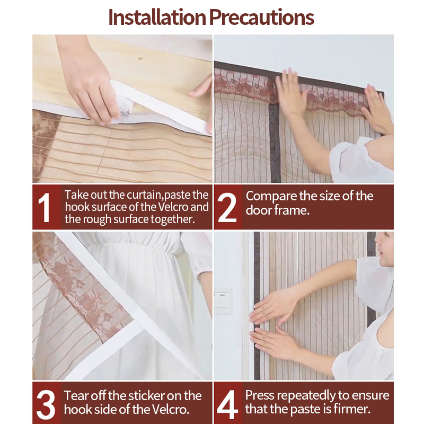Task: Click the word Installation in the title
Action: coord(157,17)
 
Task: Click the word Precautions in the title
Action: coord(261,17)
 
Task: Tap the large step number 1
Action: coord(44,207)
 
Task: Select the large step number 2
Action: coord(227,208)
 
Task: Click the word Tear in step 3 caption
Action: coord(76,396)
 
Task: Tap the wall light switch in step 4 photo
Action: coord(223,301)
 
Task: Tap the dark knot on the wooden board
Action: coord(140,58)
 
